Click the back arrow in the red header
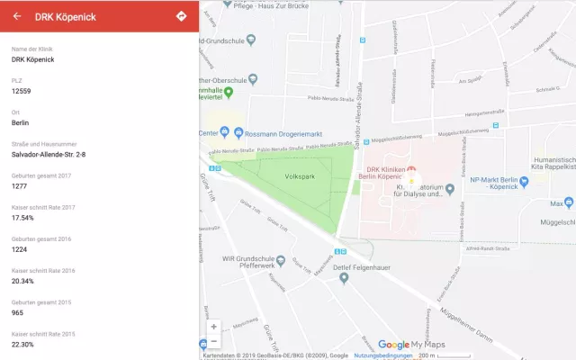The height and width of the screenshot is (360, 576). pos(17,16)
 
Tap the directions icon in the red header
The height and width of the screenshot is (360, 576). pos(181,16)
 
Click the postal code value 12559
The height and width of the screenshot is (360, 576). pos(21,91)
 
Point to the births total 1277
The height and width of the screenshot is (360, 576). pos(20,185)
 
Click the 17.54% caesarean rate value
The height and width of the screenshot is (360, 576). pos(22,217)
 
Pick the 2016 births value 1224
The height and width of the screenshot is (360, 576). pos(20,248)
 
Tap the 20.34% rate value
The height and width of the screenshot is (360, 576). pos(23,280)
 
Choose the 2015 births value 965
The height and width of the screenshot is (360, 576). pos(18,311)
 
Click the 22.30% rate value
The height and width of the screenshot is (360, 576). pos(23,344)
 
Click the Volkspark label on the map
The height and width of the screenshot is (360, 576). pos(298,176)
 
